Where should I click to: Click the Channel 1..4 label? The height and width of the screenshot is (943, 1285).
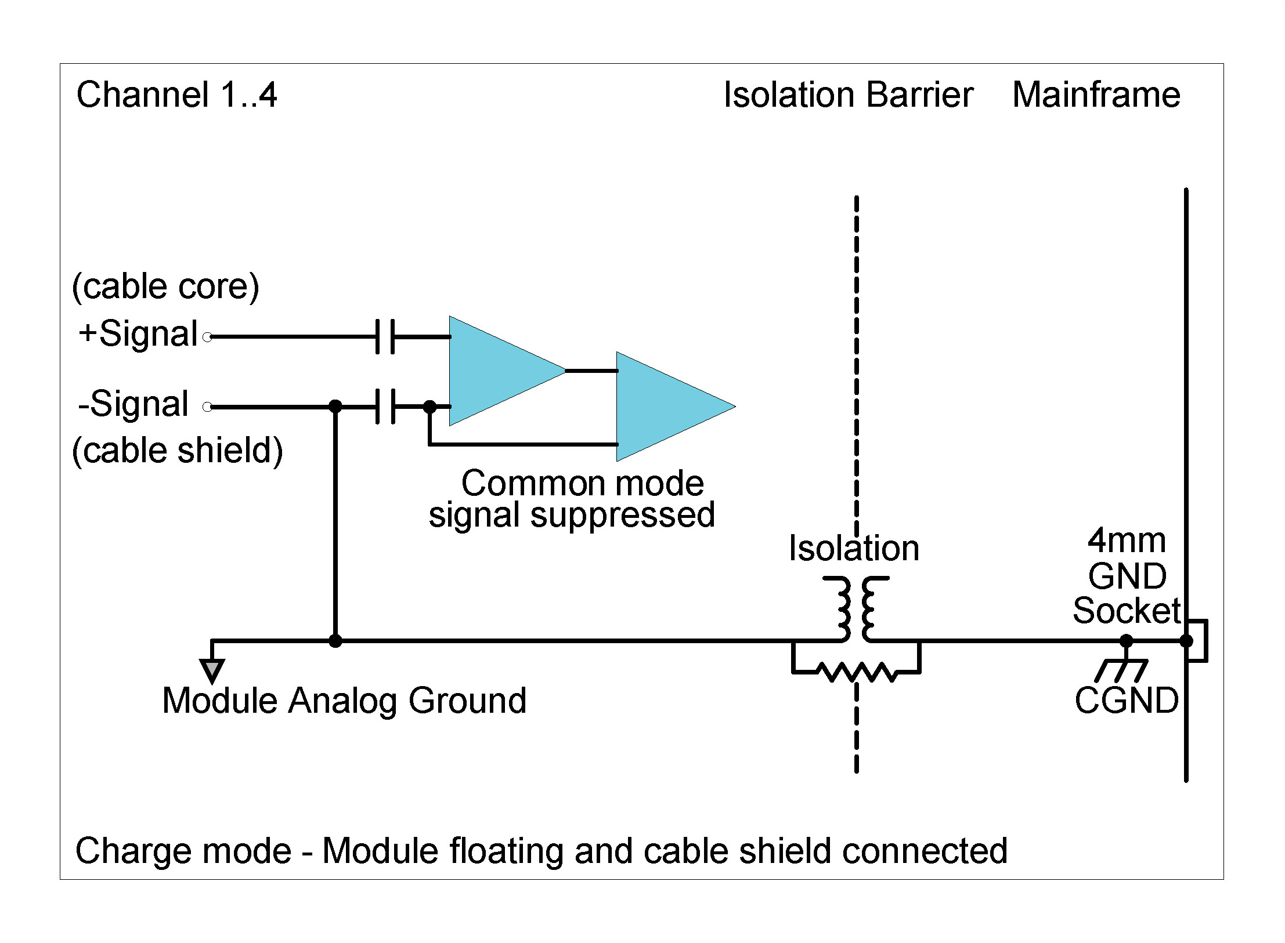coord(176,95)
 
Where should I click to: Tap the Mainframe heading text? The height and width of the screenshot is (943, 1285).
coord(1096,95)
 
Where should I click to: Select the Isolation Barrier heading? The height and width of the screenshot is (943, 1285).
coord(848,95)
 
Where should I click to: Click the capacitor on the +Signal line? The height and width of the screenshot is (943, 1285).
coord(385,336)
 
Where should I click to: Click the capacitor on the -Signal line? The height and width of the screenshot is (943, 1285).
coord(385,407)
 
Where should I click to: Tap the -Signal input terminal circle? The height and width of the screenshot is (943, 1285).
coord(207,407)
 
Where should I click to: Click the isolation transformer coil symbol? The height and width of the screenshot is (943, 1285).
coord(856,608)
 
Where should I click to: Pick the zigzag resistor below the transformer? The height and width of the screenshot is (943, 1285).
coord(856,672)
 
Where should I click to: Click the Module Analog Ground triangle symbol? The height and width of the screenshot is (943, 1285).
coord(212,670)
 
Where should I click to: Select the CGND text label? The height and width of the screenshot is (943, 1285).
coord(1126,701)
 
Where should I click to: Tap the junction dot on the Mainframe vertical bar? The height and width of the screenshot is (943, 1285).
coord(1186,641)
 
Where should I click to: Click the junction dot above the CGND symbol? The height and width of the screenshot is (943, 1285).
coord(1126,641)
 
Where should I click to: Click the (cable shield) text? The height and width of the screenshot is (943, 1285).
coord(177,451)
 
